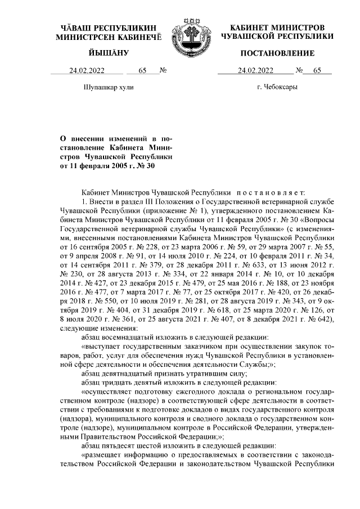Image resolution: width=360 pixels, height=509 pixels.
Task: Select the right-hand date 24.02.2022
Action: [x=256, y=71]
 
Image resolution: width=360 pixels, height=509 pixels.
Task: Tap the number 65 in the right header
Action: [x=318, y=71]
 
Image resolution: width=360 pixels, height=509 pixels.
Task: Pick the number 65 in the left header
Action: [x=142, y=71]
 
